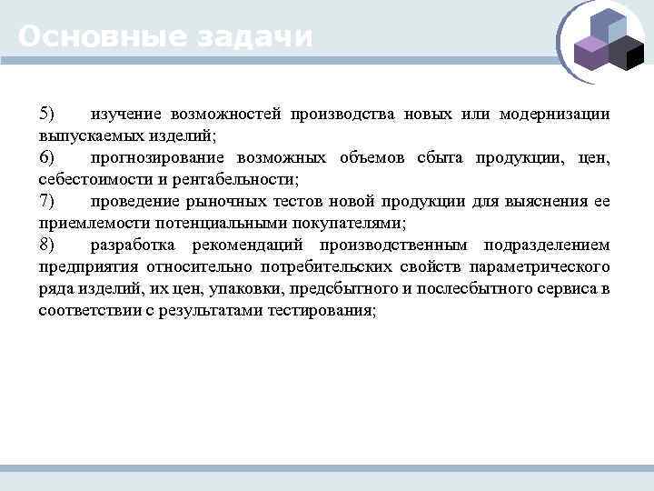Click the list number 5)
pyautogui.click(x=46, y=115)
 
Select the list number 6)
pyautogui.click(x=46, y=158)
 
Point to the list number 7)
pyautogui.click(x=46, y=202)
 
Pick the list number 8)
pyautogui.click(x=46, y=245)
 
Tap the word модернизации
pyautogui.click(x=554, y=115)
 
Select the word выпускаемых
pyautogui.click(x=82, y=136)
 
